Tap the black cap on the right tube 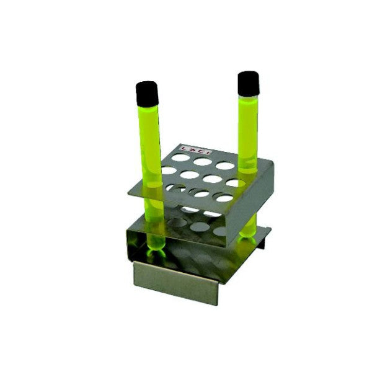click(248, 82)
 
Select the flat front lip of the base click(176, 283)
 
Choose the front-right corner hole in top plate click(224, 198)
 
